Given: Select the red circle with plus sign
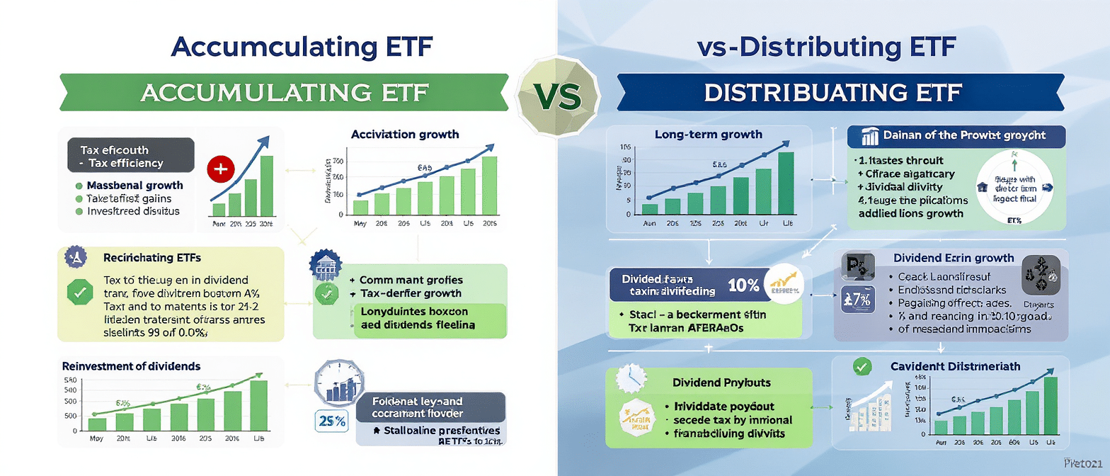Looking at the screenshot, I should (x=220, y=170).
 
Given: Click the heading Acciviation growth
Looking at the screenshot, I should (x=405, y=134).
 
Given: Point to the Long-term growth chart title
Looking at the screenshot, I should (x=709, y=134).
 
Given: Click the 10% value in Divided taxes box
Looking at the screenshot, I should (x=743, y=285).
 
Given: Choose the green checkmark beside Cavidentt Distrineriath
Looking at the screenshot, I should (x=862, y=366).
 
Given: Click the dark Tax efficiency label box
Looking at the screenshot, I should (x=130, y=156).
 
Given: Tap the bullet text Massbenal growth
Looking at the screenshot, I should (x=135, y=186).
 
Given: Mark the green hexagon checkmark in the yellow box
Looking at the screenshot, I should (x=77, y=292).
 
